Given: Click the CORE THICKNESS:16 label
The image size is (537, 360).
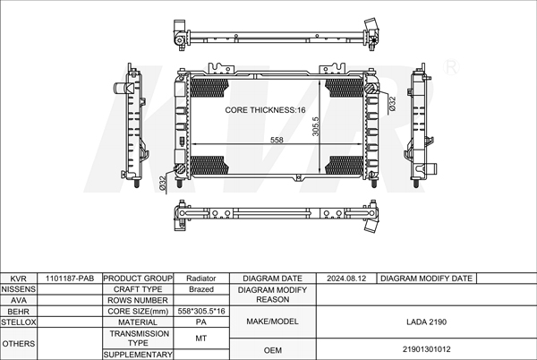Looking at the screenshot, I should click(265, 109).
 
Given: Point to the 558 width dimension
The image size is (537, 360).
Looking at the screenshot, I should click(277, 141).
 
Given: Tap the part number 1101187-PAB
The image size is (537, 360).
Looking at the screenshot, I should click(70, 279).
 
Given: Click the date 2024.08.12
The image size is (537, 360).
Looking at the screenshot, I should click(347, 279).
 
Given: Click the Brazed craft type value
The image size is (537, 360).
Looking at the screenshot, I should click(200, 289).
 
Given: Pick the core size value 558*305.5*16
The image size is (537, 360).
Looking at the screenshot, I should click(200, 311).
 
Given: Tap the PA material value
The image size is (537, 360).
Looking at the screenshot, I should click(200, 321).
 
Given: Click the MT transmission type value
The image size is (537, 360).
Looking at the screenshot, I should click(200, 338).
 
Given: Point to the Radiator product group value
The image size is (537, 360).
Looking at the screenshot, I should click(200, 279).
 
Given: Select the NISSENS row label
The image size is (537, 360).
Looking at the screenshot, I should click(19, 289).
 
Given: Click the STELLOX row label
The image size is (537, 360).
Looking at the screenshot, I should click(19, 321).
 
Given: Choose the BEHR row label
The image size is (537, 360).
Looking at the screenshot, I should click(19, 311).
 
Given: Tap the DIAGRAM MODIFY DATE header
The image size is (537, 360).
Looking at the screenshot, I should click(426, 279).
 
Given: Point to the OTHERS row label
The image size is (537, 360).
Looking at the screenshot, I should click(19, 343).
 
